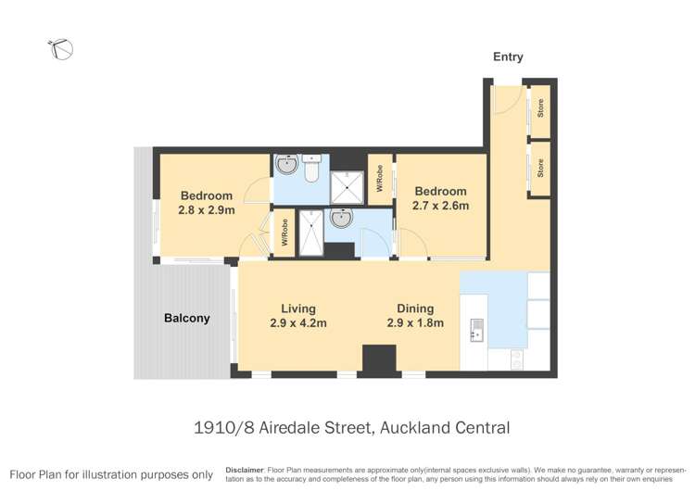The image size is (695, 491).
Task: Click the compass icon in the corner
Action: (62, 49)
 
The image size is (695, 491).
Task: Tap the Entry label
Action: (508, 57)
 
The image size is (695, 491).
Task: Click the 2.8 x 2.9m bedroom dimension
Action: (207, 210)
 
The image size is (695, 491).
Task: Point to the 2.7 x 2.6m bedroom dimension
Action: (440, 206)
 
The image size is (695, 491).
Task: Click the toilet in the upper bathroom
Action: (310, 170)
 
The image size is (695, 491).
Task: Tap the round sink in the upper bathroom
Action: (286, 167)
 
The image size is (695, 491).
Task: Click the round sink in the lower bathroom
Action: (342, 219)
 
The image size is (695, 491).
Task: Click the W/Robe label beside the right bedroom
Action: (380, 179)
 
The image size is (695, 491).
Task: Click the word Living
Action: (298, 308)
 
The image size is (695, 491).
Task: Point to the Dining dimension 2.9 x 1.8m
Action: (415, 323)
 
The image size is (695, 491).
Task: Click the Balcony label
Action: (186, 318)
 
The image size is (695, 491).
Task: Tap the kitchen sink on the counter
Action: (476, 330)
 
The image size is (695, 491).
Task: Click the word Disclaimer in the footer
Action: (245, 470)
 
